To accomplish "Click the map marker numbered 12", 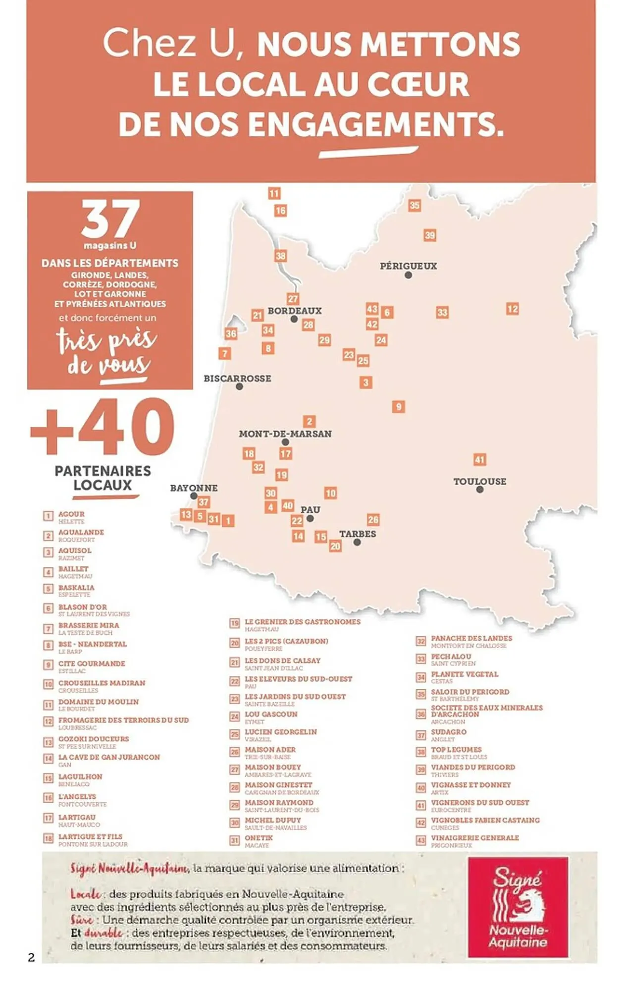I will tap(512, 309).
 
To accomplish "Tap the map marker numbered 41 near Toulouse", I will tap(479, 459).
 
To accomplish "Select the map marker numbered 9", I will tap(399, 407).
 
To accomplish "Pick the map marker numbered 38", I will tap(281, 256).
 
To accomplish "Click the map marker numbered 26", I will tap(373, 519).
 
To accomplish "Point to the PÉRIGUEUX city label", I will tap(408, 266).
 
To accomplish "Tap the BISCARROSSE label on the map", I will tap(237, 379).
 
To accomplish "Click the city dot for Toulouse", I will tap(480, 490).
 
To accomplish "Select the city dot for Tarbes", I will tap(357, 543).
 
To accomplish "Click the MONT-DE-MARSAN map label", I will tap(285, 434).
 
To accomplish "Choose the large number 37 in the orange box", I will tap(110, 219).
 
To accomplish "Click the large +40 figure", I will tap(103, 427).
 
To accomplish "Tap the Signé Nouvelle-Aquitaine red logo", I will tap(518, 907).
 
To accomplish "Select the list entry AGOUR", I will tap(71, 514).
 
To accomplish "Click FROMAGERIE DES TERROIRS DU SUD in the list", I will tap(123, 720).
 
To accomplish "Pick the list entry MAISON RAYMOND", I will tap(279, 802).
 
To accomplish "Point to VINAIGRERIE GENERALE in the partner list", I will tap(474, 837).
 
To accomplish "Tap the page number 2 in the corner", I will tap(31, 957).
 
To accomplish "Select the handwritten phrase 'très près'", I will tap(106, 340).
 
